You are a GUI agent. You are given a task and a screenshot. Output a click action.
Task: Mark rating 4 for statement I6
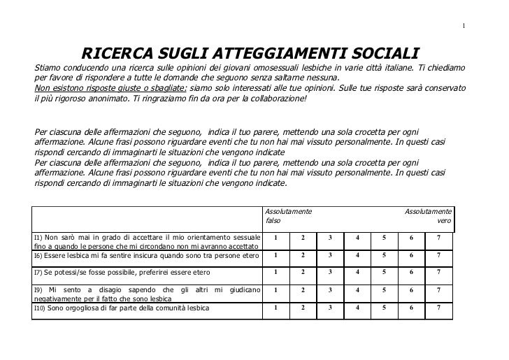[x=357, y=255]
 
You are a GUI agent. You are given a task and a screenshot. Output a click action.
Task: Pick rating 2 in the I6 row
[x=303, y=255]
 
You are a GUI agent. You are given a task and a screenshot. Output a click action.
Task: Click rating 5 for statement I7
[x=384, y=272]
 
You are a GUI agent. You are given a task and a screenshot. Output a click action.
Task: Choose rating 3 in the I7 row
[x=330, y=272]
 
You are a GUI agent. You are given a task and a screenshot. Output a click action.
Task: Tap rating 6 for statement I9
[x=411, y=289]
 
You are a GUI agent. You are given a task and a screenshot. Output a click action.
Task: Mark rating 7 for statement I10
[x=438, y=307]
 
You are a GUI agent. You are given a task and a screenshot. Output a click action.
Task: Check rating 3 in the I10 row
[x=330, y=307]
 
